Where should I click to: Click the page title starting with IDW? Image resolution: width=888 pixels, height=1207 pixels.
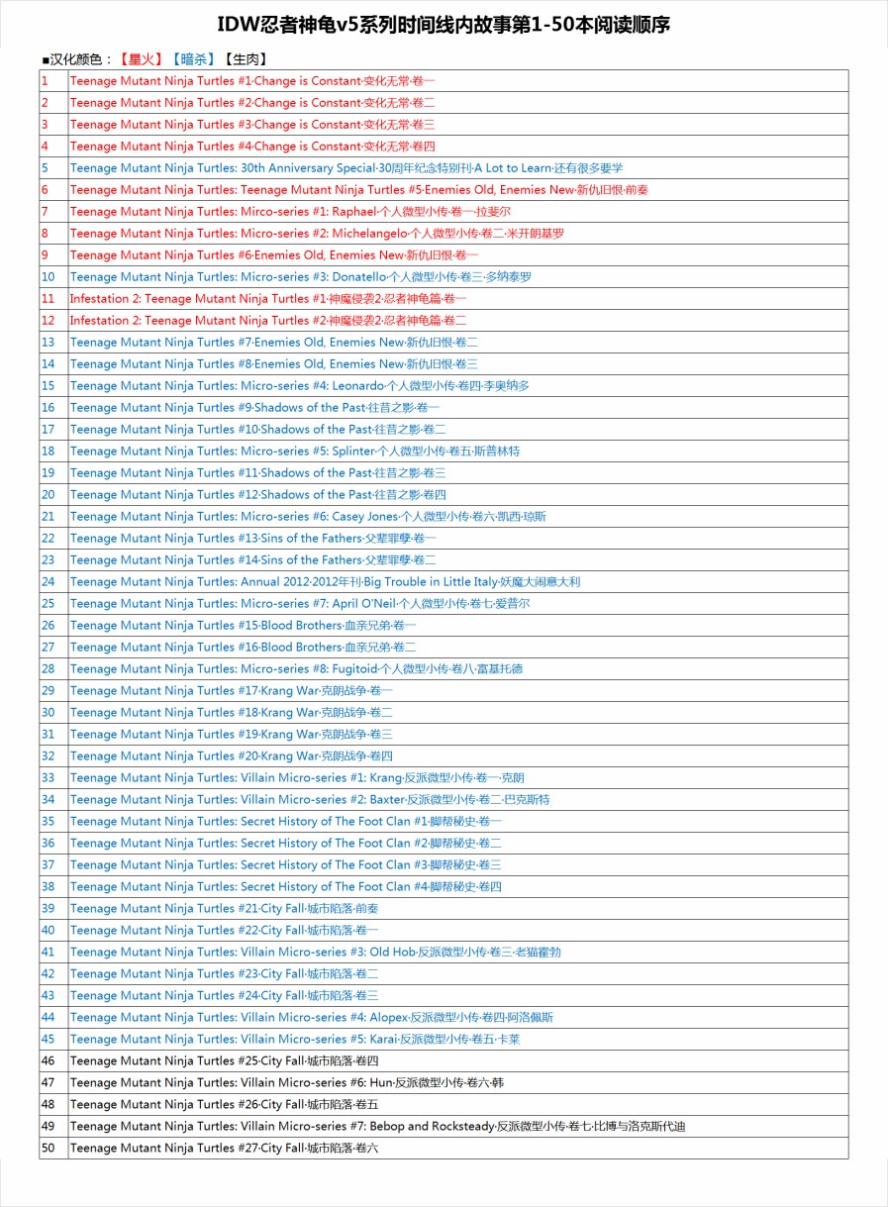tap(444, 25)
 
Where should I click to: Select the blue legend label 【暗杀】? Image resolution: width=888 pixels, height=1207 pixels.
tap(193, 59)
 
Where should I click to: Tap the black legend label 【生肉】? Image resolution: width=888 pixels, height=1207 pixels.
tap(246, 59)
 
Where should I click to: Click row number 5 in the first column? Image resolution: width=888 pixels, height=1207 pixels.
tap(46, 167)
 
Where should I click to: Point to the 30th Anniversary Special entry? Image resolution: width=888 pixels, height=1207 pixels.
tap(346, 167)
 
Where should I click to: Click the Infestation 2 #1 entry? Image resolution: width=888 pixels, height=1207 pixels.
tap(267, 298)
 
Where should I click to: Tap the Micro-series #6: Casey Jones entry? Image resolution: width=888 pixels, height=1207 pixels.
tap(307, 516)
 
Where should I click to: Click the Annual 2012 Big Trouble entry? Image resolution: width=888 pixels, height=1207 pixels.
tap(325, 581)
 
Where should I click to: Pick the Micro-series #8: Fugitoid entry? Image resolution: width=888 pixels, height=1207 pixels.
tap(296, 668)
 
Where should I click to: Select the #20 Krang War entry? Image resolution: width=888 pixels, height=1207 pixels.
tap(231, 755)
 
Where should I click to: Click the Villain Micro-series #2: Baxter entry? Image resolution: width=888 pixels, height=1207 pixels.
tap(309, 799)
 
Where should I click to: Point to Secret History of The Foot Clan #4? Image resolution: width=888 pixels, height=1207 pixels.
tap(285, 886)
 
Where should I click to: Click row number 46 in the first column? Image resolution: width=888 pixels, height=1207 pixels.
tap(49, 1060)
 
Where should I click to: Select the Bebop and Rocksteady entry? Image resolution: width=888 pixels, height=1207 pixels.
tap(377, 1126)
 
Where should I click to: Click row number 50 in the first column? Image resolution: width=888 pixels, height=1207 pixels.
tap(49, 1148)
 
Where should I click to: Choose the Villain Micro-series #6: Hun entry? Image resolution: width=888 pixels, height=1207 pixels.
tap(286, 1082)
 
